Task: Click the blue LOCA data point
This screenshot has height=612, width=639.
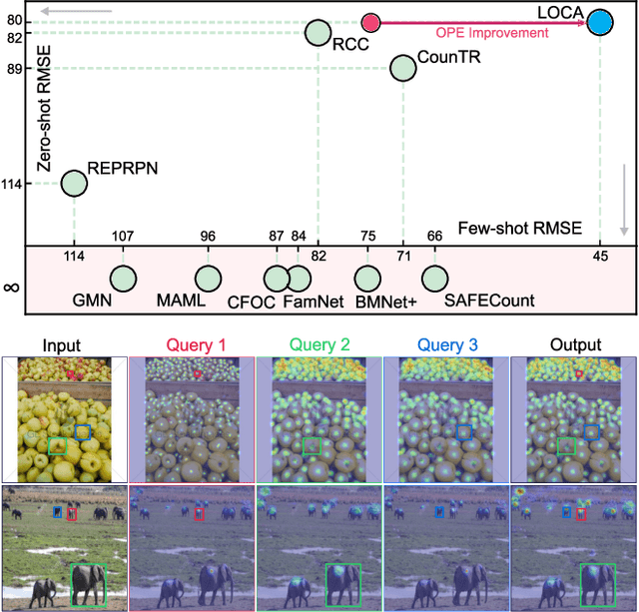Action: pos(599,21)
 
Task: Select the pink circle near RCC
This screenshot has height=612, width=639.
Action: pos(370,22)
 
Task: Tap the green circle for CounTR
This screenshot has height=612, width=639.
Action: pos(403,68)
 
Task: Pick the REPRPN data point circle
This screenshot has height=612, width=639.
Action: pos(74,183)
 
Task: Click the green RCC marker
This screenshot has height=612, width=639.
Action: pos(318,33)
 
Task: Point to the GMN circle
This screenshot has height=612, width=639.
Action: pos(124,280)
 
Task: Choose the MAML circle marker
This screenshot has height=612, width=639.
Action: pos(208,280)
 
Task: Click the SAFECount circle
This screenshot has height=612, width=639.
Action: pos(435,280)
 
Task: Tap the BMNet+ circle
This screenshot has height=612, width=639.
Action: pos(368,280)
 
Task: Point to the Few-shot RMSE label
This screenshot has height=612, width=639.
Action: pos(518,229)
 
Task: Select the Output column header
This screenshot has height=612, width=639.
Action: pos(575,345)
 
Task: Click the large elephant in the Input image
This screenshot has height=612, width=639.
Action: pos(89,584)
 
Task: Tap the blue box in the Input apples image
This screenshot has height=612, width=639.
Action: pos(84,431)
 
